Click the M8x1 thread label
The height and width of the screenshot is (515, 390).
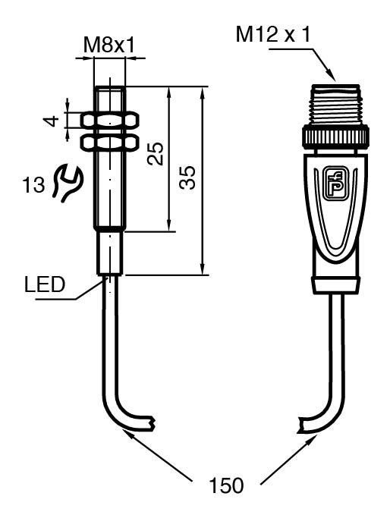pos(109,46)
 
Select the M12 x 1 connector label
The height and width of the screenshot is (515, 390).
pos(273,34)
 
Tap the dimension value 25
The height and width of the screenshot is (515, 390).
pos(155,153)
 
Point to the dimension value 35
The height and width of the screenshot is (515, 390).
pos(187,177)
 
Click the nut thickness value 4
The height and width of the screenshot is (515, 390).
pos(52,121)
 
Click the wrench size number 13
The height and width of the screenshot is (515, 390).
pos(33,184)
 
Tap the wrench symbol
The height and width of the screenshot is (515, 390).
pos(68,184)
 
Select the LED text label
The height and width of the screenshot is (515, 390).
pos(45,284)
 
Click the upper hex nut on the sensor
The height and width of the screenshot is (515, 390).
pos(109,121)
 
